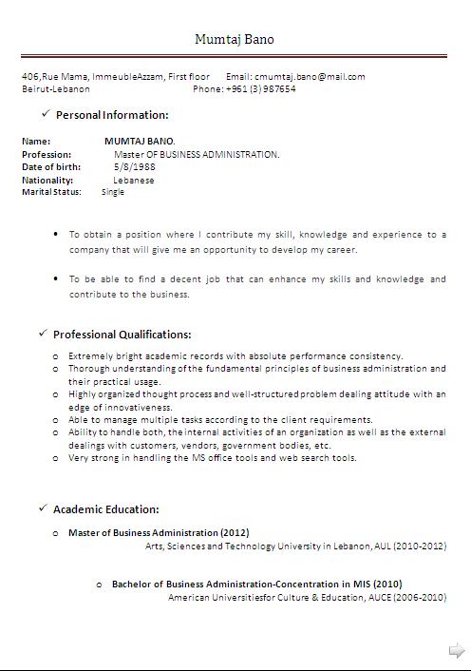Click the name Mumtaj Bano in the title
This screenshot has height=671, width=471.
point(235,39)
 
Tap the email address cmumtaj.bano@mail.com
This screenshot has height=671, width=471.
point(310,76)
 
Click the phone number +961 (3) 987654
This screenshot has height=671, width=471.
point(260,88)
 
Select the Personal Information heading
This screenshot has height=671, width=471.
point(112,115)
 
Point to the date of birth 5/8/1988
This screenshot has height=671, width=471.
point(127,167)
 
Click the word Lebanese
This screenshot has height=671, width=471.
point(133,180)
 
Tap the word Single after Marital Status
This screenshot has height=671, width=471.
point(113,192)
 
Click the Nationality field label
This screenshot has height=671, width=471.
point(47,180)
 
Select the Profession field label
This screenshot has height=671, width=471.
point(47,154)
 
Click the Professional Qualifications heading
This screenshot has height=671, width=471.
point(122,335)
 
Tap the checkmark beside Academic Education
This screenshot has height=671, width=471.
point(43,508)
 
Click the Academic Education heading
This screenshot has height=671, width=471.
point(105,509)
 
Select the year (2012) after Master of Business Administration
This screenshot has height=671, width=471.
point(235,532)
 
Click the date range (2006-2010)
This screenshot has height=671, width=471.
point(419,597)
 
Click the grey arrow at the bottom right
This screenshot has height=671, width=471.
point(457,651)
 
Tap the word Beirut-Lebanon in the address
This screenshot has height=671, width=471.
point(56,88)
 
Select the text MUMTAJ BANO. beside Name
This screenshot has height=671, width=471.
point(140,141)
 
